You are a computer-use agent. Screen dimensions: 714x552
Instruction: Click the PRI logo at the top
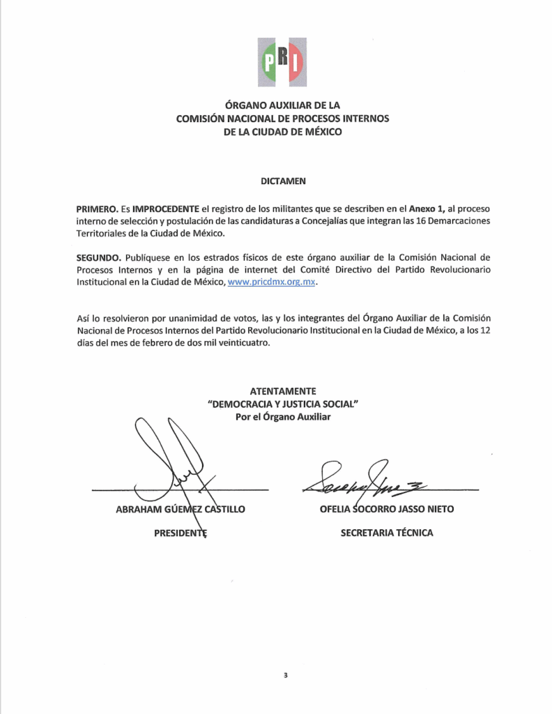click(282, 63)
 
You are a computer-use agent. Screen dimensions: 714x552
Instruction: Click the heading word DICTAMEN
click(282, 180)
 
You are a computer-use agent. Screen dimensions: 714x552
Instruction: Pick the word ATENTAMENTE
click(282, 391)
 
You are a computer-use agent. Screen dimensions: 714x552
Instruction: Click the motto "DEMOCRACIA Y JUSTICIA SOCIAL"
click(282, 404)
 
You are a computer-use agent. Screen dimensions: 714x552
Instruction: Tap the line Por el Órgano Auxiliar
click(282, 416)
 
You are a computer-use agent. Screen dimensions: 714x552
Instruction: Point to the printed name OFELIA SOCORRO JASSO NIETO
click(386, 509)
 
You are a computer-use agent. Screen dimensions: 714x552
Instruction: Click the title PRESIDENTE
click(181, 533)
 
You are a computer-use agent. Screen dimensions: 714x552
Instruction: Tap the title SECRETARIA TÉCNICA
click(386, 533)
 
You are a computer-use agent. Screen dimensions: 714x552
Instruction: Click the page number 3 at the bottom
click(285, 676)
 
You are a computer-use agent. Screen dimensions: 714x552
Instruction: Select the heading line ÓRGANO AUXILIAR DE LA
click(282, 105)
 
